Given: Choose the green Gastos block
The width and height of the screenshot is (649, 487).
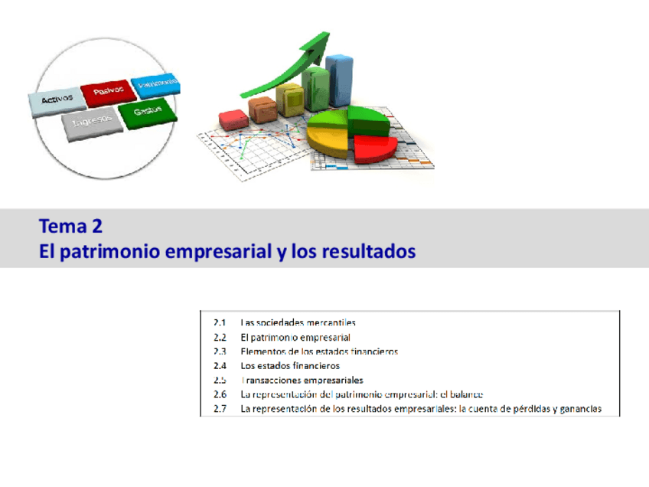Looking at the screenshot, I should (x=148, y=113).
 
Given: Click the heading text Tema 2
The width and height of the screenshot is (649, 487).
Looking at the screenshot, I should (x=70, y=227).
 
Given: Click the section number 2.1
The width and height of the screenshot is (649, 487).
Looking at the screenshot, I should (x=220, y=322).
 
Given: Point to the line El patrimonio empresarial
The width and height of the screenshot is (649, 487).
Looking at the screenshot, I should (x=295, y=337).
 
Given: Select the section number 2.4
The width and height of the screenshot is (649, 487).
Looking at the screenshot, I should (x=220, y=365).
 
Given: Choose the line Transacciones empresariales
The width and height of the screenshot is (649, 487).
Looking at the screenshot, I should (x=302, y=380).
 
